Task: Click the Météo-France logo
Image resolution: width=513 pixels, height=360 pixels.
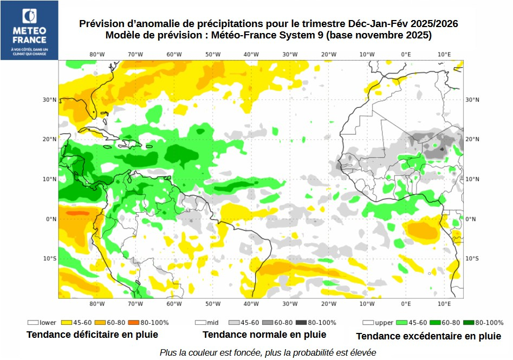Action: click(x=29, y=30)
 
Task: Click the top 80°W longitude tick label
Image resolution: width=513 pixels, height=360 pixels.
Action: click(x=97, y=54)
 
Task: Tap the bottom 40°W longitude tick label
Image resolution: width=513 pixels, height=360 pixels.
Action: click(x=251, y=304)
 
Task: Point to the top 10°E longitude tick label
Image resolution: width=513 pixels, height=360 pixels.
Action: click(x=444, y=54)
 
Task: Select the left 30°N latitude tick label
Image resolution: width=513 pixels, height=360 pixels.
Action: click(x=50, y=100)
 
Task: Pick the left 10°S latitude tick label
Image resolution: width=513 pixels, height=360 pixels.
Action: click(x=50, y=258)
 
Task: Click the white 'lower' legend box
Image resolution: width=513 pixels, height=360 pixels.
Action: click(x=33, y=322)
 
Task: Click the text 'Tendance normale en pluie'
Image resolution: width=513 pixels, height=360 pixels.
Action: click(x=264, y=335)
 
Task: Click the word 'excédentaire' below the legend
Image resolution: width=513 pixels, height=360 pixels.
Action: click(x=428, y=336)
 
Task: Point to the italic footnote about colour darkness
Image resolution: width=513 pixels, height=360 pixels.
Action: click(x=268, y=352)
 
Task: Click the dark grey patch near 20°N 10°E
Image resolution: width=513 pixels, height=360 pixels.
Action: click(x=441, y=148)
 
